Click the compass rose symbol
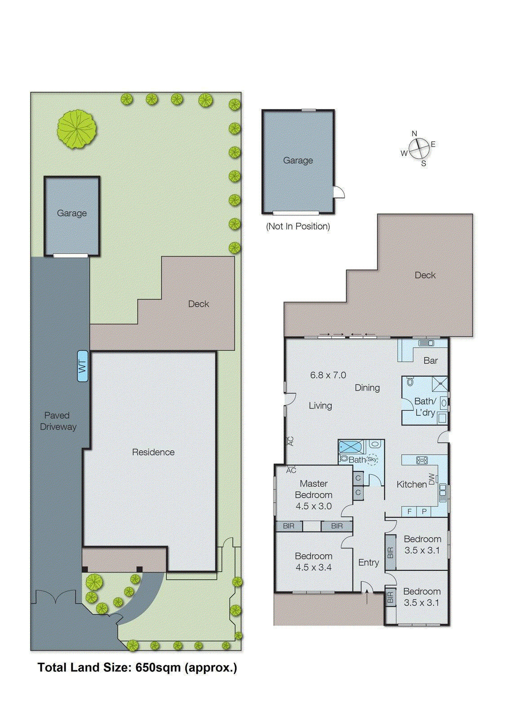pos(419,149)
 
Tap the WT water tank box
pos(82,366)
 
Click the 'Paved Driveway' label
pos(58,421)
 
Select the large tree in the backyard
pos(77,129)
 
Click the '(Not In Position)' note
pos(298,226)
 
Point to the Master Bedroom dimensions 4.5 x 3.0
pos(314,506)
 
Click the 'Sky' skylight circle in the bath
pos(372,459)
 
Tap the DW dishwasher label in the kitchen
pos(432,479)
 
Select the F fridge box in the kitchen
pos(409,511)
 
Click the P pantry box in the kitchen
pos(424,511)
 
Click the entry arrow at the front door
pos(367,597)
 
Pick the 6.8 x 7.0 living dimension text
pos(328,375)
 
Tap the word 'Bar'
pos(430,361)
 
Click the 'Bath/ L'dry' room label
pos(425,407)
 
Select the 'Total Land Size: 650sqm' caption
pos(137,668)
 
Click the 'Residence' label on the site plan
pos(153,453)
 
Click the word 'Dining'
pos(367,388)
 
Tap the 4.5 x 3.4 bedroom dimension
pos(314,568)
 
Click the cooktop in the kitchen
pos(422,460)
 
